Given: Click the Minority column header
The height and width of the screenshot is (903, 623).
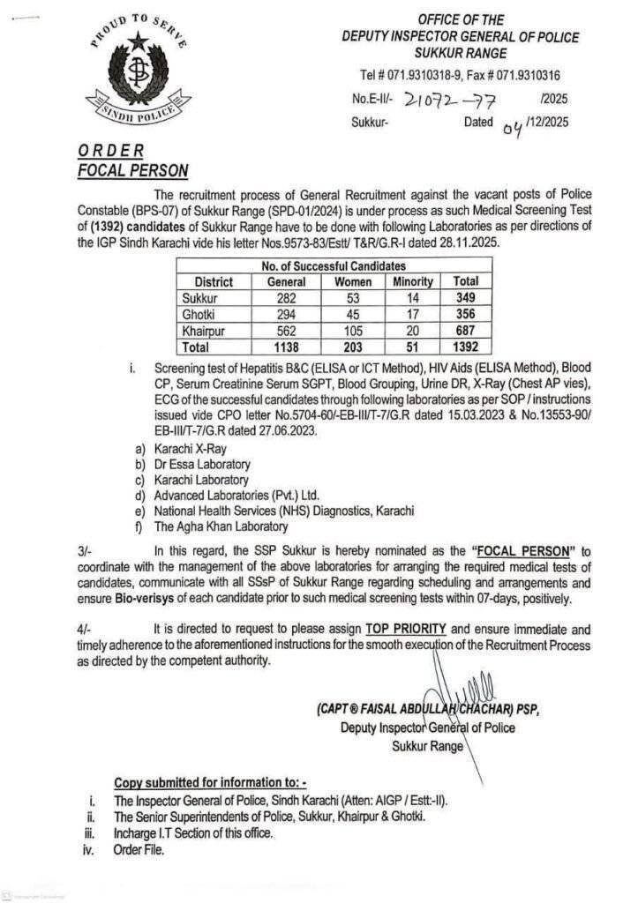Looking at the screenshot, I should [x=412, y=281].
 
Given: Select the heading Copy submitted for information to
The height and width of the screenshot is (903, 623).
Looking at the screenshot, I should [x=211, y=782].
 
